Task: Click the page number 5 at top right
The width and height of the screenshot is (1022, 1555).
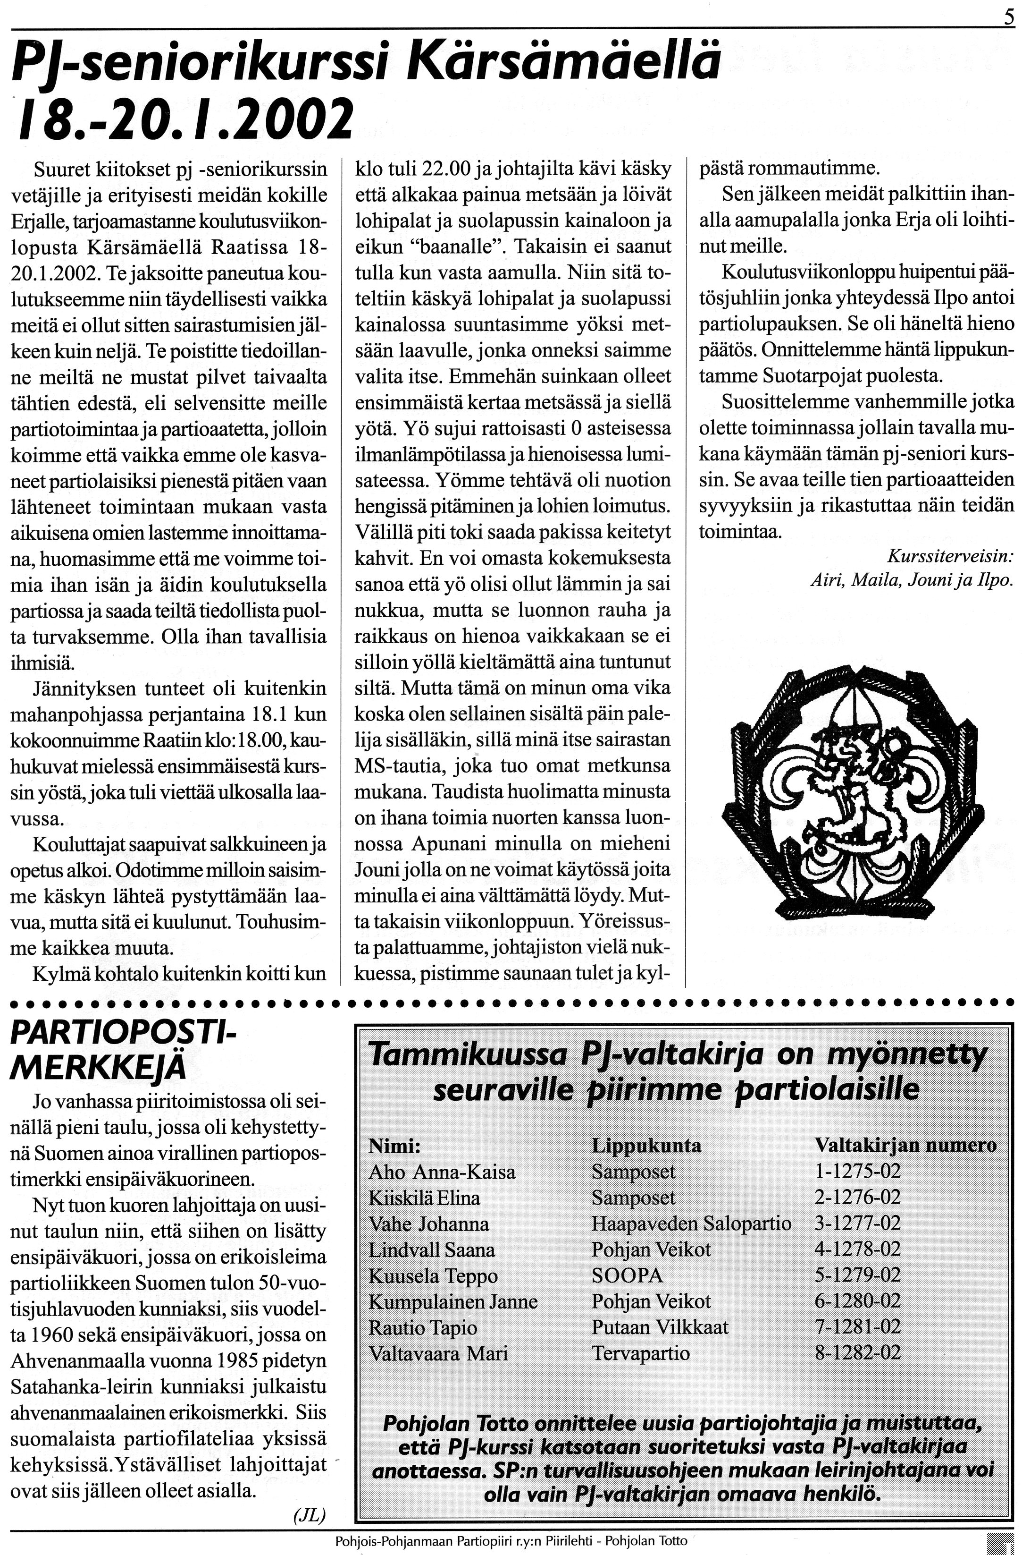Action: coord(1009,14)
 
